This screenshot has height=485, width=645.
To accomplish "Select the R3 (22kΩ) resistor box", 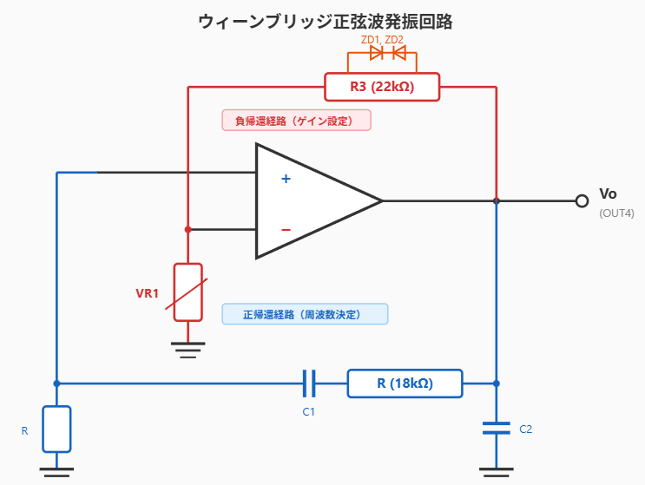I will coord(382,87).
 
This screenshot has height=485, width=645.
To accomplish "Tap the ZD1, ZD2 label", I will coord(382,40).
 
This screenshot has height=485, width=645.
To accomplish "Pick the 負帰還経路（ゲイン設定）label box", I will coord(297,121).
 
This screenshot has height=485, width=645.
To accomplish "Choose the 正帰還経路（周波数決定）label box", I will coord(305,313).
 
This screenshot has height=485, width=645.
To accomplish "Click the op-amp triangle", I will coord(313,201).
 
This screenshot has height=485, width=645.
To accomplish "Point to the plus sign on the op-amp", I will coord(285,180).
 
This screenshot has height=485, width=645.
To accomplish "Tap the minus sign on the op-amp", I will coord(286,230).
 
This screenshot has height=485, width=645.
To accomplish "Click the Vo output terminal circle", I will coord(582,201).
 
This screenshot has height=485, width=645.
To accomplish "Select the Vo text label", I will coord(609,193).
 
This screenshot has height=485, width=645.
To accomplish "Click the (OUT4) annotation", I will coord(616,213).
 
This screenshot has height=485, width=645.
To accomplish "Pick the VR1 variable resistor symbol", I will coord(188,292).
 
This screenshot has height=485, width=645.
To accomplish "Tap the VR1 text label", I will coord(148,293).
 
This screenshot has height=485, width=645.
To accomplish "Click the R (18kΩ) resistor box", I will coord(405,383).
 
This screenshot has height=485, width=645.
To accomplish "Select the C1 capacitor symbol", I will coord(308,383).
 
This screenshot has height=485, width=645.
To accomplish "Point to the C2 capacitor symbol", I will coord(497,427).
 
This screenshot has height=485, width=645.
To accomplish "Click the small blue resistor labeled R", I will coord(56,429).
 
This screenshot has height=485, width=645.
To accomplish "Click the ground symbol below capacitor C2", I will coord(497,474).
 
